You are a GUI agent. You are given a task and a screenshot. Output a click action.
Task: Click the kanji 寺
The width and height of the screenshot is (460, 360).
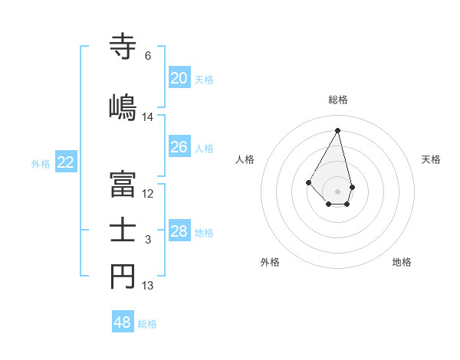[123, 46]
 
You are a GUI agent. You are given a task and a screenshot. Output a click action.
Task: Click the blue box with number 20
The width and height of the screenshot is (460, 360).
[179, 78]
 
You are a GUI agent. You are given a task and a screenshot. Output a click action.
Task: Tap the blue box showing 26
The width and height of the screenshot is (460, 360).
[179, 147]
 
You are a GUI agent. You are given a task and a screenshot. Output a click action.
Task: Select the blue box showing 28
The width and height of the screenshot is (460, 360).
[179, 231]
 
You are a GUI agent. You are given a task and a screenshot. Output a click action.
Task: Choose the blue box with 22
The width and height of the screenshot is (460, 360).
[66, 162]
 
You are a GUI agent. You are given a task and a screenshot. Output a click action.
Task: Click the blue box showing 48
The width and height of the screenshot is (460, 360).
[123, 322]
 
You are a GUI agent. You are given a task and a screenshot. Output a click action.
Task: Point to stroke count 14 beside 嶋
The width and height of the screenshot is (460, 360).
[148, 117]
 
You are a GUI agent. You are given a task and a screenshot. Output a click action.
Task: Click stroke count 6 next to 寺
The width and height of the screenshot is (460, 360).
[148, 56]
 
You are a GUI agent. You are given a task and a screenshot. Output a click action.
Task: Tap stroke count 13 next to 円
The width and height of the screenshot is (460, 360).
[148, 286]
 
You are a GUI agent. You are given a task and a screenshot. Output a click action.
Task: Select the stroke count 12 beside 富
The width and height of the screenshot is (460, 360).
[148, 194]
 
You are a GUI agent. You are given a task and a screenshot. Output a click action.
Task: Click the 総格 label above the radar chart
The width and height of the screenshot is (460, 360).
[338, 100]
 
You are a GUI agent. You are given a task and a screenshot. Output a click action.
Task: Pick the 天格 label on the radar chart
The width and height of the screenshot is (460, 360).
[432, 159]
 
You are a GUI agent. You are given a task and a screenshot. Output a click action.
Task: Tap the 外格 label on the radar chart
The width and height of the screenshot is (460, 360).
[270, 262]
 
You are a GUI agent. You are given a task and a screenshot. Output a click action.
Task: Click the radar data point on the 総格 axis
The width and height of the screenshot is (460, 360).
[338, 130]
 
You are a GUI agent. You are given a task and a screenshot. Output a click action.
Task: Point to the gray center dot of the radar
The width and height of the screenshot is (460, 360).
[337, 191]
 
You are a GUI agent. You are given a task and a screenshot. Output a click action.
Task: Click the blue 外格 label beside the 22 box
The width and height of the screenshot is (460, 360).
[41, 163]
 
